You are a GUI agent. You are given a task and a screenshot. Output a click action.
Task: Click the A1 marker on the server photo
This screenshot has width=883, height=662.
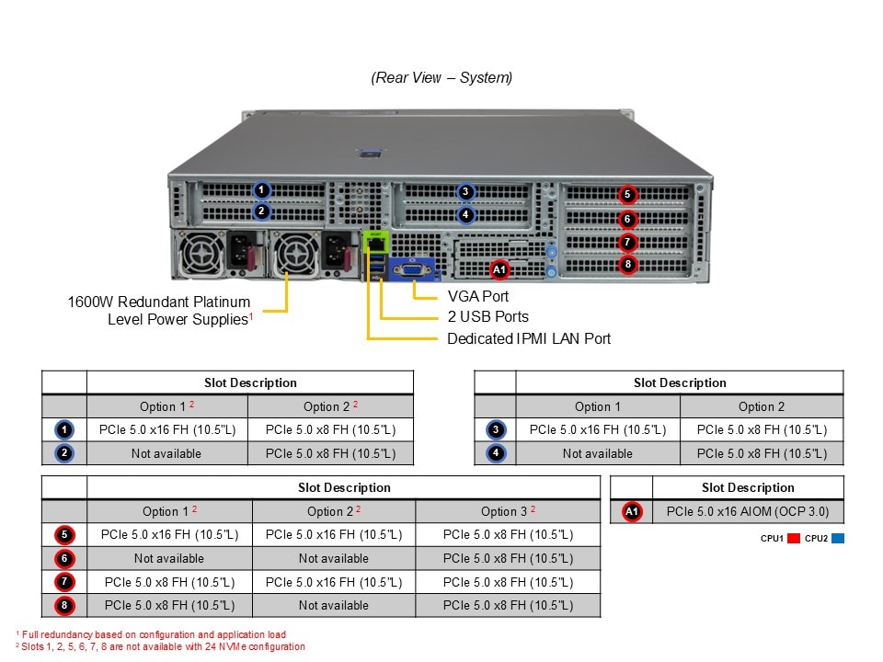499,269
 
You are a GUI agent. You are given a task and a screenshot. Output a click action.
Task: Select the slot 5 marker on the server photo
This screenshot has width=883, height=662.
627,194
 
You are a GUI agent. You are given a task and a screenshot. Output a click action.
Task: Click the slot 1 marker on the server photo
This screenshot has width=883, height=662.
262,190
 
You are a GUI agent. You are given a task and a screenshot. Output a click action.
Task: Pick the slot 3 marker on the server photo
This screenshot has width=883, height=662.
466,192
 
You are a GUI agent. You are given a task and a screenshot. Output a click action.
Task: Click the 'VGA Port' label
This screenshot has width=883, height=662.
477,296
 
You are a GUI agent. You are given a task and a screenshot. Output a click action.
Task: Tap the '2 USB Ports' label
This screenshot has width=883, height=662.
487,317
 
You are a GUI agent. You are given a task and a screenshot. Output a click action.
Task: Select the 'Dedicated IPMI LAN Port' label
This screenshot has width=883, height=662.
529,338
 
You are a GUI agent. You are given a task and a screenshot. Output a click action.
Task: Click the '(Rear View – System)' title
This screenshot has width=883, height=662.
441,78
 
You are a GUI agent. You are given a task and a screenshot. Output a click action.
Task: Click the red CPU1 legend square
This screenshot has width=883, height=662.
794,539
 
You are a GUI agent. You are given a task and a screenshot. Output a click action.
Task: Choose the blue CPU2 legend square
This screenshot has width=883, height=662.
837,539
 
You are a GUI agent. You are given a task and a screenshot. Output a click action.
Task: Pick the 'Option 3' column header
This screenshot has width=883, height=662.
508,511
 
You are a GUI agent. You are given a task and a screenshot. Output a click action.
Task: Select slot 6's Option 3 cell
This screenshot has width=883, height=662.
508,558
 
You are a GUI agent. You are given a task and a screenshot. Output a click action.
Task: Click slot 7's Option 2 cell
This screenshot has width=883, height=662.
333,582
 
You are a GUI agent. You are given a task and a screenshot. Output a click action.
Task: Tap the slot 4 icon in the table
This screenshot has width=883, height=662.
496,453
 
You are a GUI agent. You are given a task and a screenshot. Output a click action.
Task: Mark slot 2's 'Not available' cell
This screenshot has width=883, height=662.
166,453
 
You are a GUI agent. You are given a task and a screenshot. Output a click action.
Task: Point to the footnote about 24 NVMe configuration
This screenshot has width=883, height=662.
161,646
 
